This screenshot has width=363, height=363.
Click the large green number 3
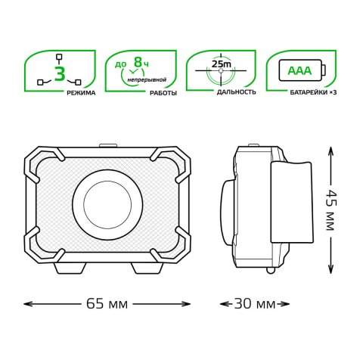(60, 73)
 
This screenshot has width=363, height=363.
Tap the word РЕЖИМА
(81, 93)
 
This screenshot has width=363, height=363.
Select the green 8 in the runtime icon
(138, 62)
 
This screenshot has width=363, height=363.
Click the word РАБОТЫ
(163, 93)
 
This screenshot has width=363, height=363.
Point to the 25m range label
(221, 64)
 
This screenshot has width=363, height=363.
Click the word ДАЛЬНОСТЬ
(237, 92)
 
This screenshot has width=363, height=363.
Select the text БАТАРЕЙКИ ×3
(313, 92)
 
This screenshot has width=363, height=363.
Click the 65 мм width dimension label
(107, 304)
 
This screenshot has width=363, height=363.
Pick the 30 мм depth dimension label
(255, 304)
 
